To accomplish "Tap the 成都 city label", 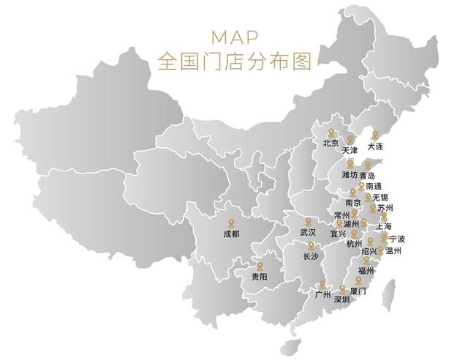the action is click(x=231, y=234).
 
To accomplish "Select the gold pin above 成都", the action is click(x=231, y=222).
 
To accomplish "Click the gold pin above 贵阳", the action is click(x=259, y=265).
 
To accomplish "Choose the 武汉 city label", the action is click(x=308, y=232).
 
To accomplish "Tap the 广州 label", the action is click(x=322, y=295).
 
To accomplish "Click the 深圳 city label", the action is click(x=342, y=299).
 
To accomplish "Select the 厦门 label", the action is click(x=358, y=291).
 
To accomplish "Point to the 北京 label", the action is click(x=331, y=144).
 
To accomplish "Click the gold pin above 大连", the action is click(x=375, y=134).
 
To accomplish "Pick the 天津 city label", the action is click(x=350, y=150).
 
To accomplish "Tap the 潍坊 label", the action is click(x=350, y=175).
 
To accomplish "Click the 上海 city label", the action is click(x=383, y=226).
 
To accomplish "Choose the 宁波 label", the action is click(x=397, y=239).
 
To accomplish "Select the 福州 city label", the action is click(x=366, y=270).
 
